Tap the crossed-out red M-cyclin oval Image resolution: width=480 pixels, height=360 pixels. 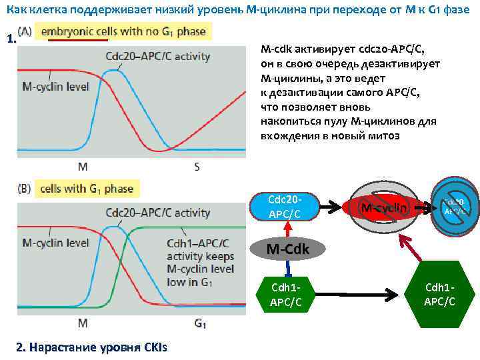click(383, 207)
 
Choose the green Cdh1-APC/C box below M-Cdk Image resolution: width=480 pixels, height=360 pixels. click(285, 293)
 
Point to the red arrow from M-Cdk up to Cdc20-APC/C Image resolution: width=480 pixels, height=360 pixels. click(287, 229)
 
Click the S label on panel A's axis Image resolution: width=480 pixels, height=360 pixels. click(197, 167)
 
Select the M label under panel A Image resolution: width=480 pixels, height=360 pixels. click(82, 167)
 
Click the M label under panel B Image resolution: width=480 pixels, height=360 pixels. click(82, 324)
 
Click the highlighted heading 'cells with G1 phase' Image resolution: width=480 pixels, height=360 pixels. click(87, 189)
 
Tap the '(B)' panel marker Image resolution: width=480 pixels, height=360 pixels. click(23, 189)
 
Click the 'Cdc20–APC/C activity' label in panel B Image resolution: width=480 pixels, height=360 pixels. click(157, 213)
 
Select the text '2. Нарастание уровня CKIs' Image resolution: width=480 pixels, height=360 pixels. click(91, 347)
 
